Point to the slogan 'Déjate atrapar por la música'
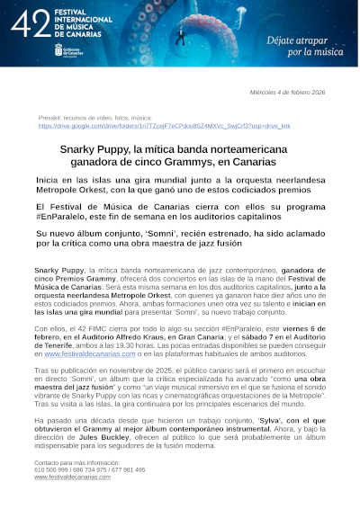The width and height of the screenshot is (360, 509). click(x=306, y=46)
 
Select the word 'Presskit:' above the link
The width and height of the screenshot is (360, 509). click(x=51, y=119)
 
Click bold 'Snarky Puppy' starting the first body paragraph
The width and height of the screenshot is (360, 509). click(x=58, y=270)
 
